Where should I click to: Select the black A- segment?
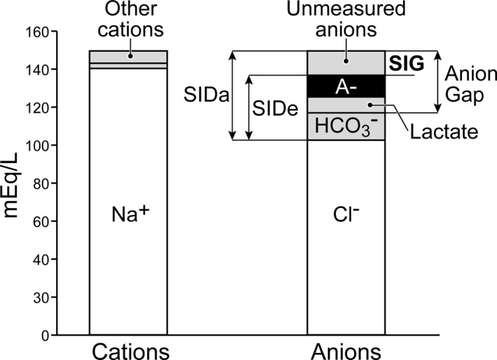tap(346, 85)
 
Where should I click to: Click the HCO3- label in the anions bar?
tap(346, 126)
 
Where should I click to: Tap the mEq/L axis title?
tap(13, 184)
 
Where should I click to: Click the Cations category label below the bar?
tap(128, 349)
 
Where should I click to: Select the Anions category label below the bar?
tap(346, 349)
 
